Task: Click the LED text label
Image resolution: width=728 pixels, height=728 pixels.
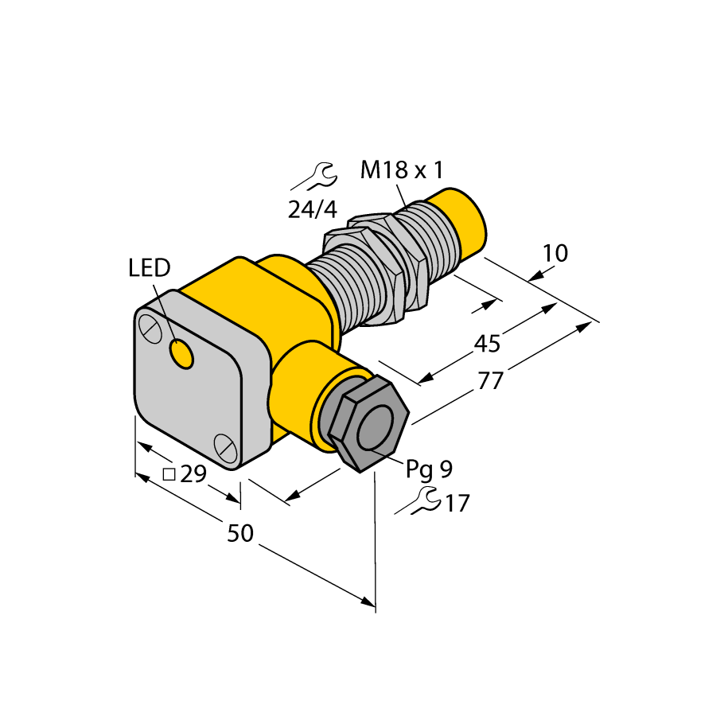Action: point(149,269)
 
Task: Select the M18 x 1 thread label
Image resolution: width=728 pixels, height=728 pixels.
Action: point(401,170)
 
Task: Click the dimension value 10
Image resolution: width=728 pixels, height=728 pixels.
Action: point(555,254)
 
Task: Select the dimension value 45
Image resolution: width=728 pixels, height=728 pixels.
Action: point(486,344)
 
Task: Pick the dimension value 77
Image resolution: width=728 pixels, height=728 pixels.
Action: point(491,381)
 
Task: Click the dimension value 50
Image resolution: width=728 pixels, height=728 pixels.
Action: point(239,534)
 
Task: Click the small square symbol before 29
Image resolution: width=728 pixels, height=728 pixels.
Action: point(169,475)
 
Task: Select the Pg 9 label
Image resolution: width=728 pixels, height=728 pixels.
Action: point(429,469)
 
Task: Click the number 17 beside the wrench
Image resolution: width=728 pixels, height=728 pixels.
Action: point(457,503)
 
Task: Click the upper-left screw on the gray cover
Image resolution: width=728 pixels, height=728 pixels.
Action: point(149,326)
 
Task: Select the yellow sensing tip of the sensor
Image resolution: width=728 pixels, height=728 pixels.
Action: point(462,224)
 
